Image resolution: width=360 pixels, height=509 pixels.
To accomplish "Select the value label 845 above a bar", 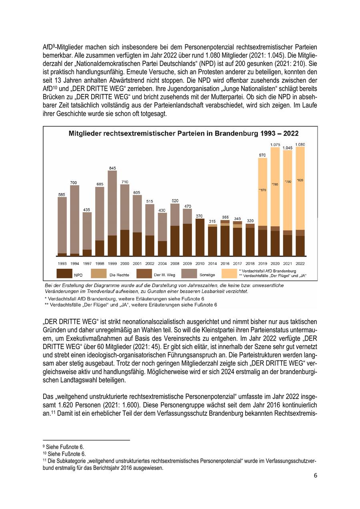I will coord(112,168).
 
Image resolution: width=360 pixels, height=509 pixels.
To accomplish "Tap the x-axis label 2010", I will coord(200,263).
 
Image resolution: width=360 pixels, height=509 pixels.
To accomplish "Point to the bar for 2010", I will coord(200,237).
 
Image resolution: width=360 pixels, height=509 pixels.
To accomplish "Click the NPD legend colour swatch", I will coord(64,274).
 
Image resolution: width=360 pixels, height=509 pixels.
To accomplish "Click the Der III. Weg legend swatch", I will coord(144,274).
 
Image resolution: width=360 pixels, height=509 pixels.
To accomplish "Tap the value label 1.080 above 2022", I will coord(300,144).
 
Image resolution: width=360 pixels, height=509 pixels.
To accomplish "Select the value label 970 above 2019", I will coord(262,155).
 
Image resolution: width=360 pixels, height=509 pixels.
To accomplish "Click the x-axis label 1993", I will coord(62,263).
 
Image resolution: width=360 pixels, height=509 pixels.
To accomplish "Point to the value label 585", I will coord(62,194).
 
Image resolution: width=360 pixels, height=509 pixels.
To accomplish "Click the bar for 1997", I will coord(87,234).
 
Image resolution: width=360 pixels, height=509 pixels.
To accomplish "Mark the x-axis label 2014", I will coord(212,263).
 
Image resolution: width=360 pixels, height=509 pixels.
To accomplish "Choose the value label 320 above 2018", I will coord(250,221).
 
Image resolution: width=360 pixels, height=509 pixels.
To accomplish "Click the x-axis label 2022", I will coord(300,263).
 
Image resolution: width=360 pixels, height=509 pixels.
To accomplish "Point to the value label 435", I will coord(87,210).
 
